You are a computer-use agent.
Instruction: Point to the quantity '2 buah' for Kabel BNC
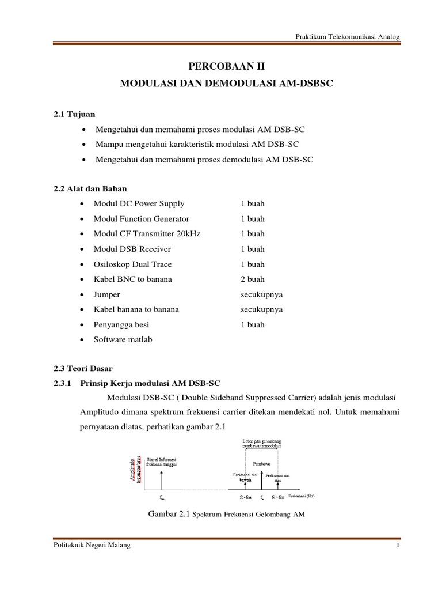click(253, 279)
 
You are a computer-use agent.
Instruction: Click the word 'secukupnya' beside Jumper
click(261, 294)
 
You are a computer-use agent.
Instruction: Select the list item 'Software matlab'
click(123, 339)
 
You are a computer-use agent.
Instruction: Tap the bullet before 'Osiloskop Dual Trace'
click(85, 264)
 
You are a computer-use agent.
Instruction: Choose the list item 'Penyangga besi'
click(121, 324)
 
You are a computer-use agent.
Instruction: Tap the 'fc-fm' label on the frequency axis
click(245, 497)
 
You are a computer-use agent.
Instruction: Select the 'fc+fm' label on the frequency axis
click(278, 497)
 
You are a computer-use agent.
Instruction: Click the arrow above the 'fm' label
click(162, 478)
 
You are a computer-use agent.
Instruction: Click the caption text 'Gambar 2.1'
click(168, 515)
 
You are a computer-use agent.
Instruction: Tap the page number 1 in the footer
click(398, 546)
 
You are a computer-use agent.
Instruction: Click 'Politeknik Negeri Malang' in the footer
click(87, 546)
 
